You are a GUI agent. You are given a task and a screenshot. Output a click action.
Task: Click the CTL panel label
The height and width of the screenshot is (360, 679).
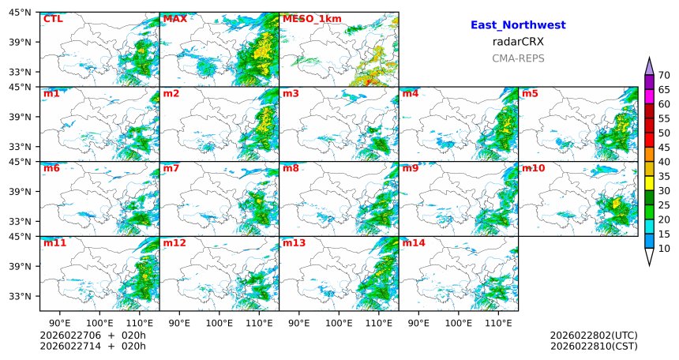click(53, 19)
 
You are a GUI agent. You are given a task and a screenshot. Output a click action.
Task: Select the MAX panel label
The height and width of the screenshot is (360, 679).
click(174, 19)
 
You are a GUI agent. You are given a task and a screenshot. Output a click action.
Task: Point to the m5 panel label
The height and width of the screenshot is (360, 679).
click(530, 94)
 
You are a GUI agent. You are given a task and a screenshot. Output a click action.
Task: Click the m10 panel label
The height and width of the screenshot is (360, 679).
click(533, 168)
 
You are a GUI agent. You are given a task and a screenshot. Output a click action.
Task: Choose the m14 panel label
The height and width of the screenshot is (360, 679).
click(414, 243)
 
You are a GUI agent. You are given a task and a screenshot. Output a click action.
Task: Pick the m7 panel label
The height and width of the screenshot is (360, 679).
click(171, 168)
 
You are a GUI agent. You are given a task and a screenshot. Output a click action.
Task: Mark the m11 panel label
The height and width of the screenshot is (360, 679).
click(54, 243)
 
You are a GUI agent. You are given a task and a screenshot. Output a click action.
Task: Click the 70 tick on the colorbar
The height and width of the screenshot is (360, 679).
click(664, 75)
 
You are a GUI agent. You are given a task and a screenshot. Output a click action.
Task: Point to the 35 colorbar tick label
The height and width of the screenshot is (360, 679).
click(664, 176)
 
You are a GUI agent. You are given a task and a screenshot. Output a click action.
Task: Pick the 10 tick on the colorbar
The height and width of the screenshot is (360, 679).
click(664, 249)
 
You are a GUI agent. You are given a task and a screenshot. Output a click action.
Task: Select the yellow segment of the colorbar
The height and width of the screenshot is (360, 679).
click(649, 182)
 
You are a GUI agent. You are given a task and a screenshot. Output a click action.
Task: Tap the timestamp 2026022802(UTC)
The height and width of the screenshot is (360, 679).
click(594, 335)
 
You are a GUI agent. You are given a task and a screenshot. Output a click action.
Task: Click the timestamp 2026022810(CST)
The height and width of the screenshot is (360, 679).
click(594, 346)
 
